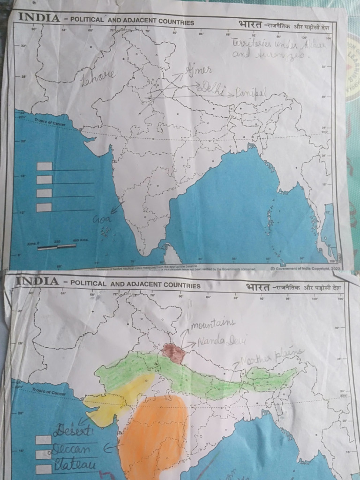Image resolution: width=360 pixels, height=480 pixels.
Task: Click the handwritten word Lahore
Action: (98, 77)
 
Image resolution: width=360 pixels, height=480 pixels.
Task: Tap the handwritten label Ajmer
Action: (199, 70)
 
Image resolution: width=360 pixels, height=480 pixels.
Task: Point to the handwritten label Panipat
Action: (250, 93)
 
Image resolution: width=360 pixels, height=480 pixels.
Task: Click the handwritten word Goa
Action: (101, 218)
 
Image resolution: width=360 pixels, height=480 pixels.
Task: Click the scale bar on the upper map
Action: (50, 247)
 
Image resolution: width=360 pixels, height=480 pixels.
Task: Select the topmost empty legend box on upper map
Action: (44, 166)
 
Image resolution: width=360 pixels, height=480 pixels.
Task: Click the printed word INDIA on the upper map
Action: (38, 18)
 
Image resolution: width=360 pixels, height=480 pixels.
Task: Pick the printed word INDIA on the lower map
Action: (38, 281)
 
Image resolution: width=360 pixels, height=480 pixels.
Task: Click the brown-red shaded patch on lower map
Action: (174, 352)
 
